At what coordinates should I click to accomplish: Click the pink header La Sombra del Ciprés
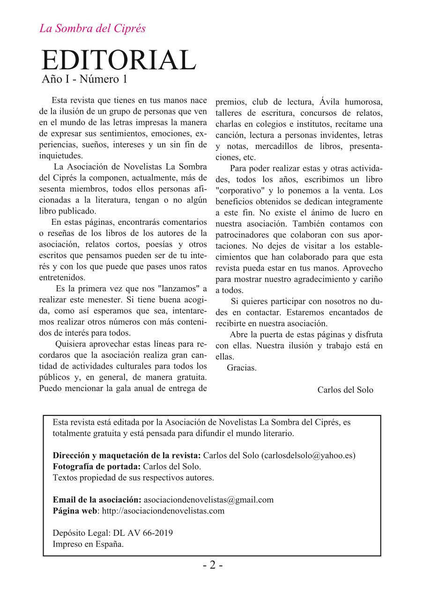[x=92, y=29]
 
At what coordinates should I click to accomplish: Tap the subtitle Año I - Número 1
[x=85, y=79]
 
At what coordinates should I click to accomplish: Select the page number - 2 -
[x=212, y=565]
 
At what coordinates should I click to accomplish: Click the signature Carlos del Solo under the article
[x=345, y=390]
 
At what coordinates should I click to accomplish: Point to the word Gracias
[x=242, y=368]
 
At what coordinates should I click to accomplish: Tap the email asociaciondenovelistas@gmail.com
[x=208, y=499]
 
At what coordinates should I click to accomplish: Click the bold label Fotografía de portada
[x=96, y=467]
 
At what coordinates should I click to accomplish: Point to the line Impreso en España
[x=89, y=544]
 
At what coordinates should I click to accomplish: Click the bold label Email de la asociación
[x=97, y=499]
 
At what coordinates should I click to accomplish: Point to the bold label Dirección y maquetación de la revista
[x=127, y=455]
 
